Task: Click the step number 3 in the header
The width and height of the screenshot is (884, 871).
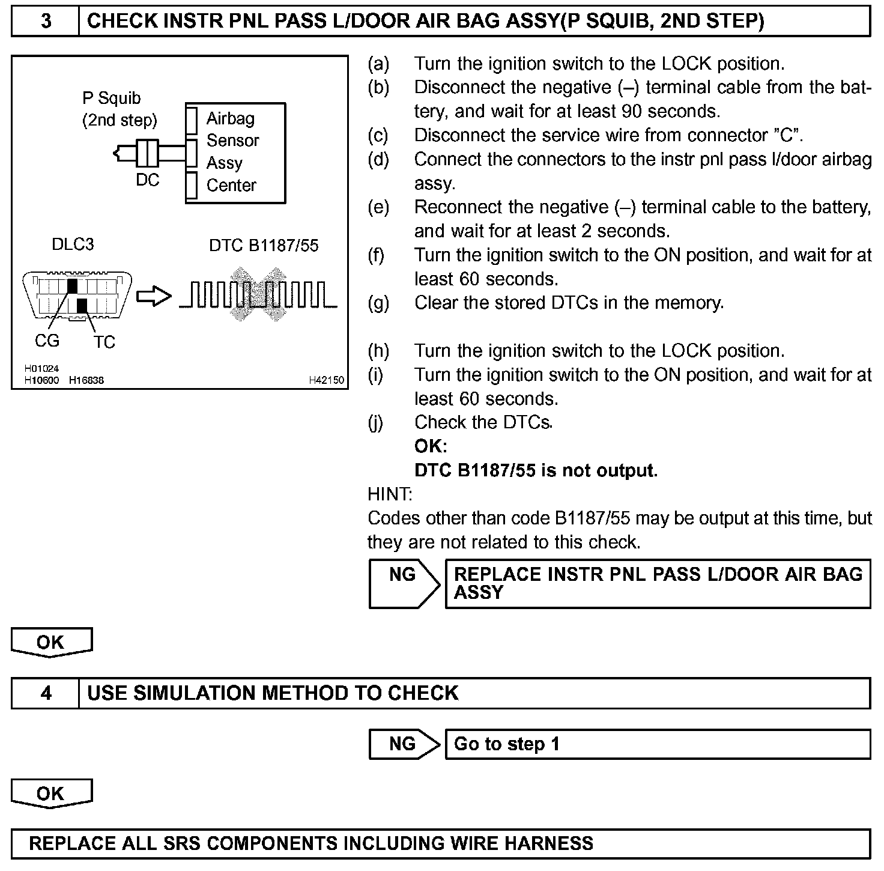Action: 46,22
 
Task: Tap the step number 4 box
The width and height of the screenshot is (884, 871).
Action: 46,693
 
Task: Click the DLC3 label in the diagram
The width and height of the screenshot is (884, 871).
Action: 73,244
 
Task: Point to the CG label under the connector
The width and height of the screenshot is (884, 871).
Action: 47,341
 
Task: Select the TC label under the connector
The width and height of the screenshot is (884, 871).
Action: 104,342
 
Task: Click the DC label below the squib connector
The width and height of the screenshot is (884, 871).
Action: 147,180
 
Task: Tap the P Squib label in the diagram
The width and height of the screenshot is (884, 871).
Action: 112,98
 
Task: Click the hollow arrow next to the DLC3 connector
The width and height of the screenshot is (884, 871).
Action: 154,296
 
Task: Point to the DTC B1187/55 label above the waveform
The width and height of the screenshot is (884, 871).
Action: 264,246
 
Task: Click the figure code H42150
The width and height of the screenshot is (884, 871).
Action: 326,380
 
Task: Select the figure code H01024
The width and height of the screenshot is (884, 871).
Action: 41,369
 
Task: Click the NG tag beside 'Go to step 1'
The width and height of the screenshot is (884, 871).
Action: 402,744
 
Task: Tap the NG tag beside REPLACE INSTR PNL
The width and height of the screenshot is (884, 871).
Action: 402,575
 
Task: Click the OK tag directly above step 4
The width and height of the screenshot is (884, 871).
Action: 50,642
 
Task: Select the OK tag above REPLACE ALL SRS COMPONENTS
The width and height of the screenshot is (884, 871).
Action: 50,794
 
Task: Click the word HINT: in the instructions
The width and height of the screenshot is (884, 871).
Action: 390,494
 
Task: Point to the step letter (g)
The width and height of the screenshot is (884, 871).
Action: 378,303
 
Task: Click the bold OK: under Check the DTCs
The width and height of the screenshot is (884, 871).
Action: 431,446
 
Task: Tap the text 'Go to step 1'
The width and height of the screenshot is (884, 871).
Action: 506,744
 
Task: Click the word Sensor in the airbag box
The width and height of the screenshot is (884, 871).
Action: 232,141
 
